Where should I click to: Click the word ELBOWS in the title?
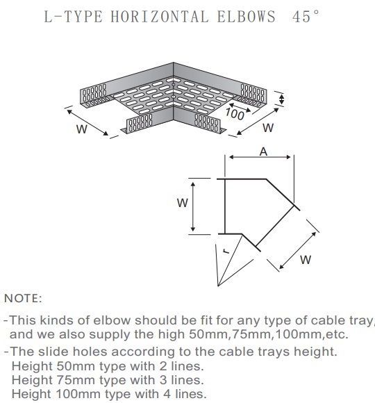point(246,17)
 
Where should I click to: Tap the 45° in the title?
point(306,17)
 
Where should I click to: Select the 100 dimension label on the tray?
point(235,114)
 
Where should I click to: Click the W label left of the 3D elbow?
point(82,129)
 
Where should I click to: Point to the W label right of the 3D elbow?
point(268,128)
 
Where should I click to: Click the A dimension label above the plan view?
point(263,151)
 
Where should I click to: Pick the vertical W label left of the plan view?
point(183,203)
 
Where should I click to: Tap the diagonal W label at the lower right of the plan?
point(306,260)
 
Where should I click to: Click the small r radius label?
point(226,251)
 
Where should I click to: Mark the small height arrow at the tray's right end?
point(282,99)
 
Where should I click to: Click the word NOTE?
point(23,298)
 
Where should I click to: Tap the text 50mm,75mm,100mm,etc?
point(269,334)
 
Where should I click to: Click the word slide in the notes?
point(53,352)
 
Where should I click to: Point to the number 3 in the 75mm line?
point(163,380)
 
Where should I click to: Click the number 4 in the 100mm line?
point(167,394)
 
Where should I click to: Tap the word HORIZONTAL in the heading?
point(159,17)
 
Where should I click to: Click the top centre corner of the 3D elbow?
point(173,63)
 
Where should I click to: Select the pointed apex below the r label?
point(218,286)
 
